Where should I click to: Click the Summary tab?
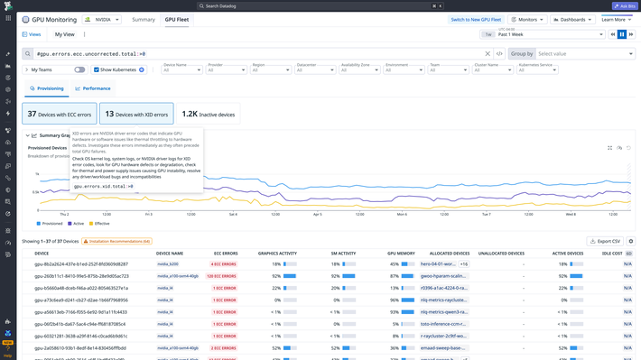(144, 19)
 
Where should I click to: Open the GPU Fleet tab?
(177, 19)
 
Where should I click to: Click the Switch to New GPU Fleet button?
(476, 19)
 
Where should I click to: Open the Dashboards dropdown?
(572, 19)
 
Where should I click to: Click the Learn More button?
(616, 19)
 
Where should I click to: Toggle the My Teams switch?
(79, 69)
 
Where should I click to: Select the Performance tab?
(94, 88)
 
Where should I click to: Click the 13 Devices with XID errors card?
(136, 114)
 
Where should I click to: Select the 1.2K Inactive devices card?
(209, 114)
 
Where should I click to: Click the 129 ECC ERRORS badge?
(220, 276)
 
